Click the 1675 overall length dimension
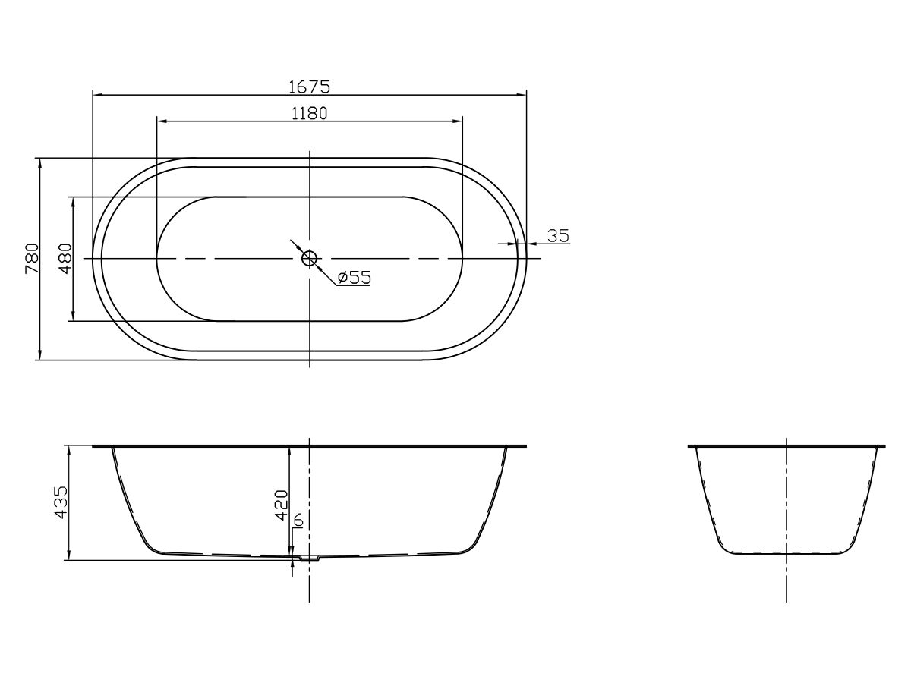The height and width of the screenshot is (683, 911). click(309, 87)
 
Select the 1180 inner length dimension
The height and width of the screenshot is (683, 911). click(309, 113)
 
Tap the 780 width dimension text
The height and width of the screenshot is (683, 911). click(31, 258)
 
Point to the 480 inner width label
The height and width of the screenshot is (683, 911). click(65, 258)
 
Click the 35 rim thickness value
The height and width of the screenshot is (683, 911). click(558, 235)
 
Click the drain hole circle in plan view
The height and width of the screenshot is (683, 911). click(309, 259)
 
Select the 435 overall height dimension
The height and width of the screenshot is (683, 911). click(61, 502)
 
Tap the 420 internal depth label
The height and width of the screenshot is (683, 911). click(281, 505)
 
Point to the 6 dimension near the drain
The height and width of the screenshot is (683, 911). click(298, 521)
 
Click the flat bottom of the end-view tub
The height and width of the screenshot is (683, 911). click(786, 554)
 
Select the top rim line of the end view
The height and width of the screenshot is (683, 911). click(786, 446)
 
